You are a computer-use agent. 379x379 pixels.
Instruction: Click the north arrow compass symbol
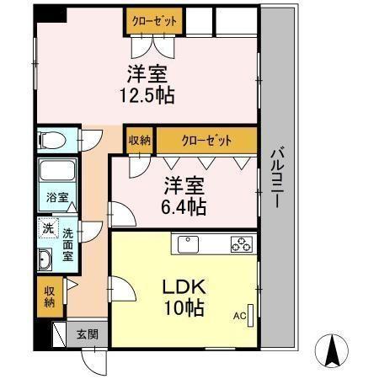tap(332, 351)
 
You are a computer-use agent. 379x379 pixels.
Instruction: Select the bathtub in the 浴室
tap(57, 171)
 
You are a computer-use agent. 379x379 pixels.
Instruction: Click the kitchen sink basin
tap(188, 244)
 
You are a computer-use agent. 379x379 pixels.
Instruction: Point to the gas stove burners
tap(242, 244)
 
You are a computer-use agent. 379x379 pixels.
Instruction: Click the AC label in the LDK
tap(239, 316)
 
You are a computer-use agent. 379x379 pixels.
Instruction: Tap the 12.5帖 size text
tap(147, 95)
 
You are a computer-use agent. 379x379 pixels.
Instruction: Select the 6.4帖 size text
tap(184, 206)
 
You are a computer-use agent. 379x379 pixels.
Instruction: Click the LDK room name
tap(184, 286)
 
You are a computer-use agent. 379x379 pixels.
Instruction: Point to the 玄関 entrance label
tap(88, 334)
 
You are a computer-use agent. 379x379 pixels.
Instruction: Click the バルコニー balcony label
tap(277, 179)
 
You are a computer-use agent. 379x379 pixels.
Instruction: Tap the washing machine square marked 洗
tap(48, 228)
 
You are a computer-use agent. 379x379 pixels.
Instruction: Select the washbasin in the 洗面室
tap(45, 259)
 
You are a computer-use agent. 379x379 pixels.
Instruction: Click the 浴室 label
tap(57, 198)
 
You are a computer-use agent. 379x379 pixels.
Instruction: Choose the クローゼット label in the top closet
tap(154, 21)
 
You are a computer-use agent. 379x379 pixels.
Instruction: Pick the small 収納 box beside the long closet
tap(140, 141)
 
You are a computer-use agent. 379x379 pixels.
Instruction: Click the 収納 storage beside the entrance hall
tap(50, 297)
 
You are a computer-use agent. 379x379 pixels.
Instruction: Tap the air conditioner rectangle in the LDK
tap(250, 316)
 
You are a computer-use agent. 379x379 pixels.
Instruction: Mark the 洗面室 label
tap(68, 245)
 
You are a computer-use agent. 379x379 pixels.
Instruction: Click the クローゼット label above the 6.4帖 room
tap(206, 141)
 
